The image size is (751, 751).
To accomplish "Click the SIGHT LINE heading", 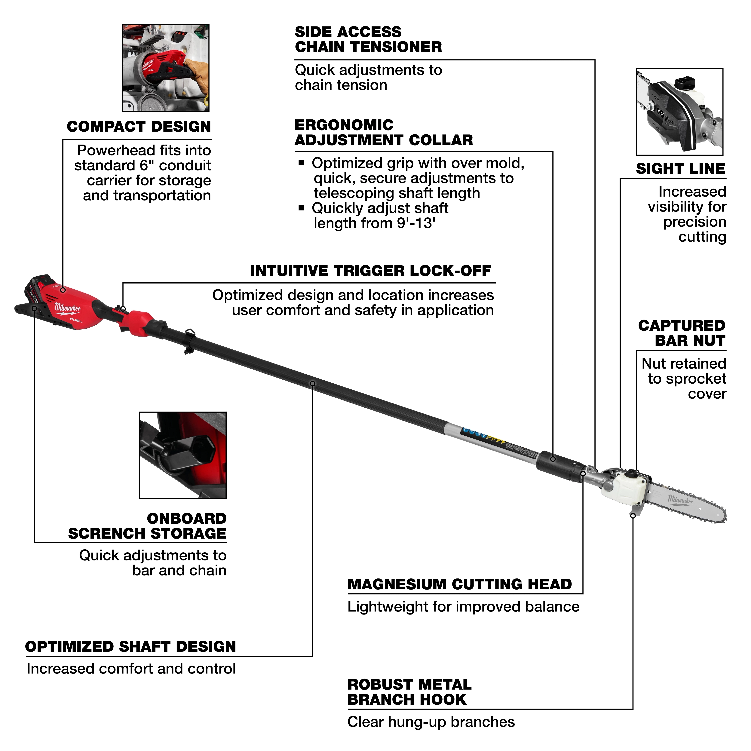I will (680, 169).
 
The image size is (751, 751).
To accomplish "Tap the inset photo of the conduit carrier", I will (166, 68).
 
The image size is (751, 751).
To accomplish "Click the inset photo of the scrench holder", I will (183, 455).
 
